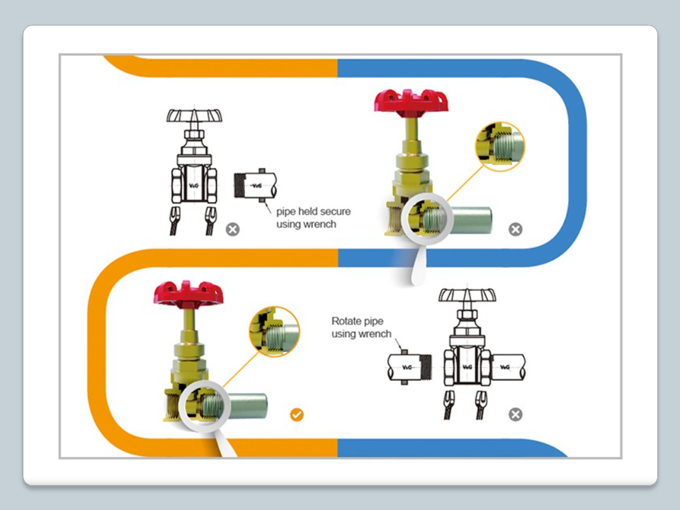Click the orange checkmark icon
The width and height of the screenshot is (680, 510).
click(297, 414)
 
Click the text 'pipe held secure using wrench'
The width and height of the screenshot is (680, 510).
click(312, 217)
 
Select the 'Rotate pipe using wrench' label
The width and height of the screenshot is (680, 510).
click(361, 327)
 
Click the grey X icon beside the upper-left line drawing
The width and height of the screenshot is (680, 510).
click(232, 229)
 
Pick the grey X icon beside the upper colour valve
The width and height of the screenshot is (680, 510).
click(516, 229)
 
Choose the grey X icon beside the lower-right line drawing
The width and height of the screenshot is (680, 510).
click(516, 414)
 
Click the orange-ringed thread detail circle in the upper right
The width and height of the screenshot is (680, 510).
click(499, 147)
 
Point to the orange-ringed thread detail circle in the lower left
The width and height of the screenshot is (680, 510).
click(274, 331)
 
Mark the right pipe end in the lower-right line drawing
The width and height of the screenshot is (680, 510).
click(506, 367)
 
